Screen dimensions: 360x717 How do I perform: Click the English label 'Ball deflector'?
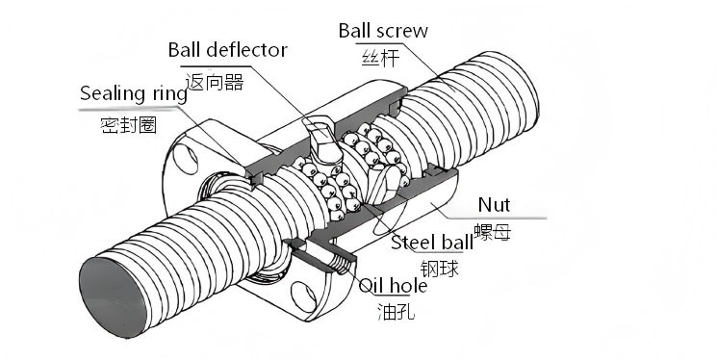pyautogui.click(x=226, y=49)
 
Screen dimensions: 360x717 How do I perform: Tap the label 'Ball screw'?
pyautogui.click(x=383, y=30)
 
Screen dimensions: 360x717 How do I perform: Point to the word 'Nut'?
pyautogui.click(x=494, y=204)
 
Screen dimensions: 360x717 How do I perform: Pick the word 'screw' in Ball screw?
pyautogui.click(x=403, y=30)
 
